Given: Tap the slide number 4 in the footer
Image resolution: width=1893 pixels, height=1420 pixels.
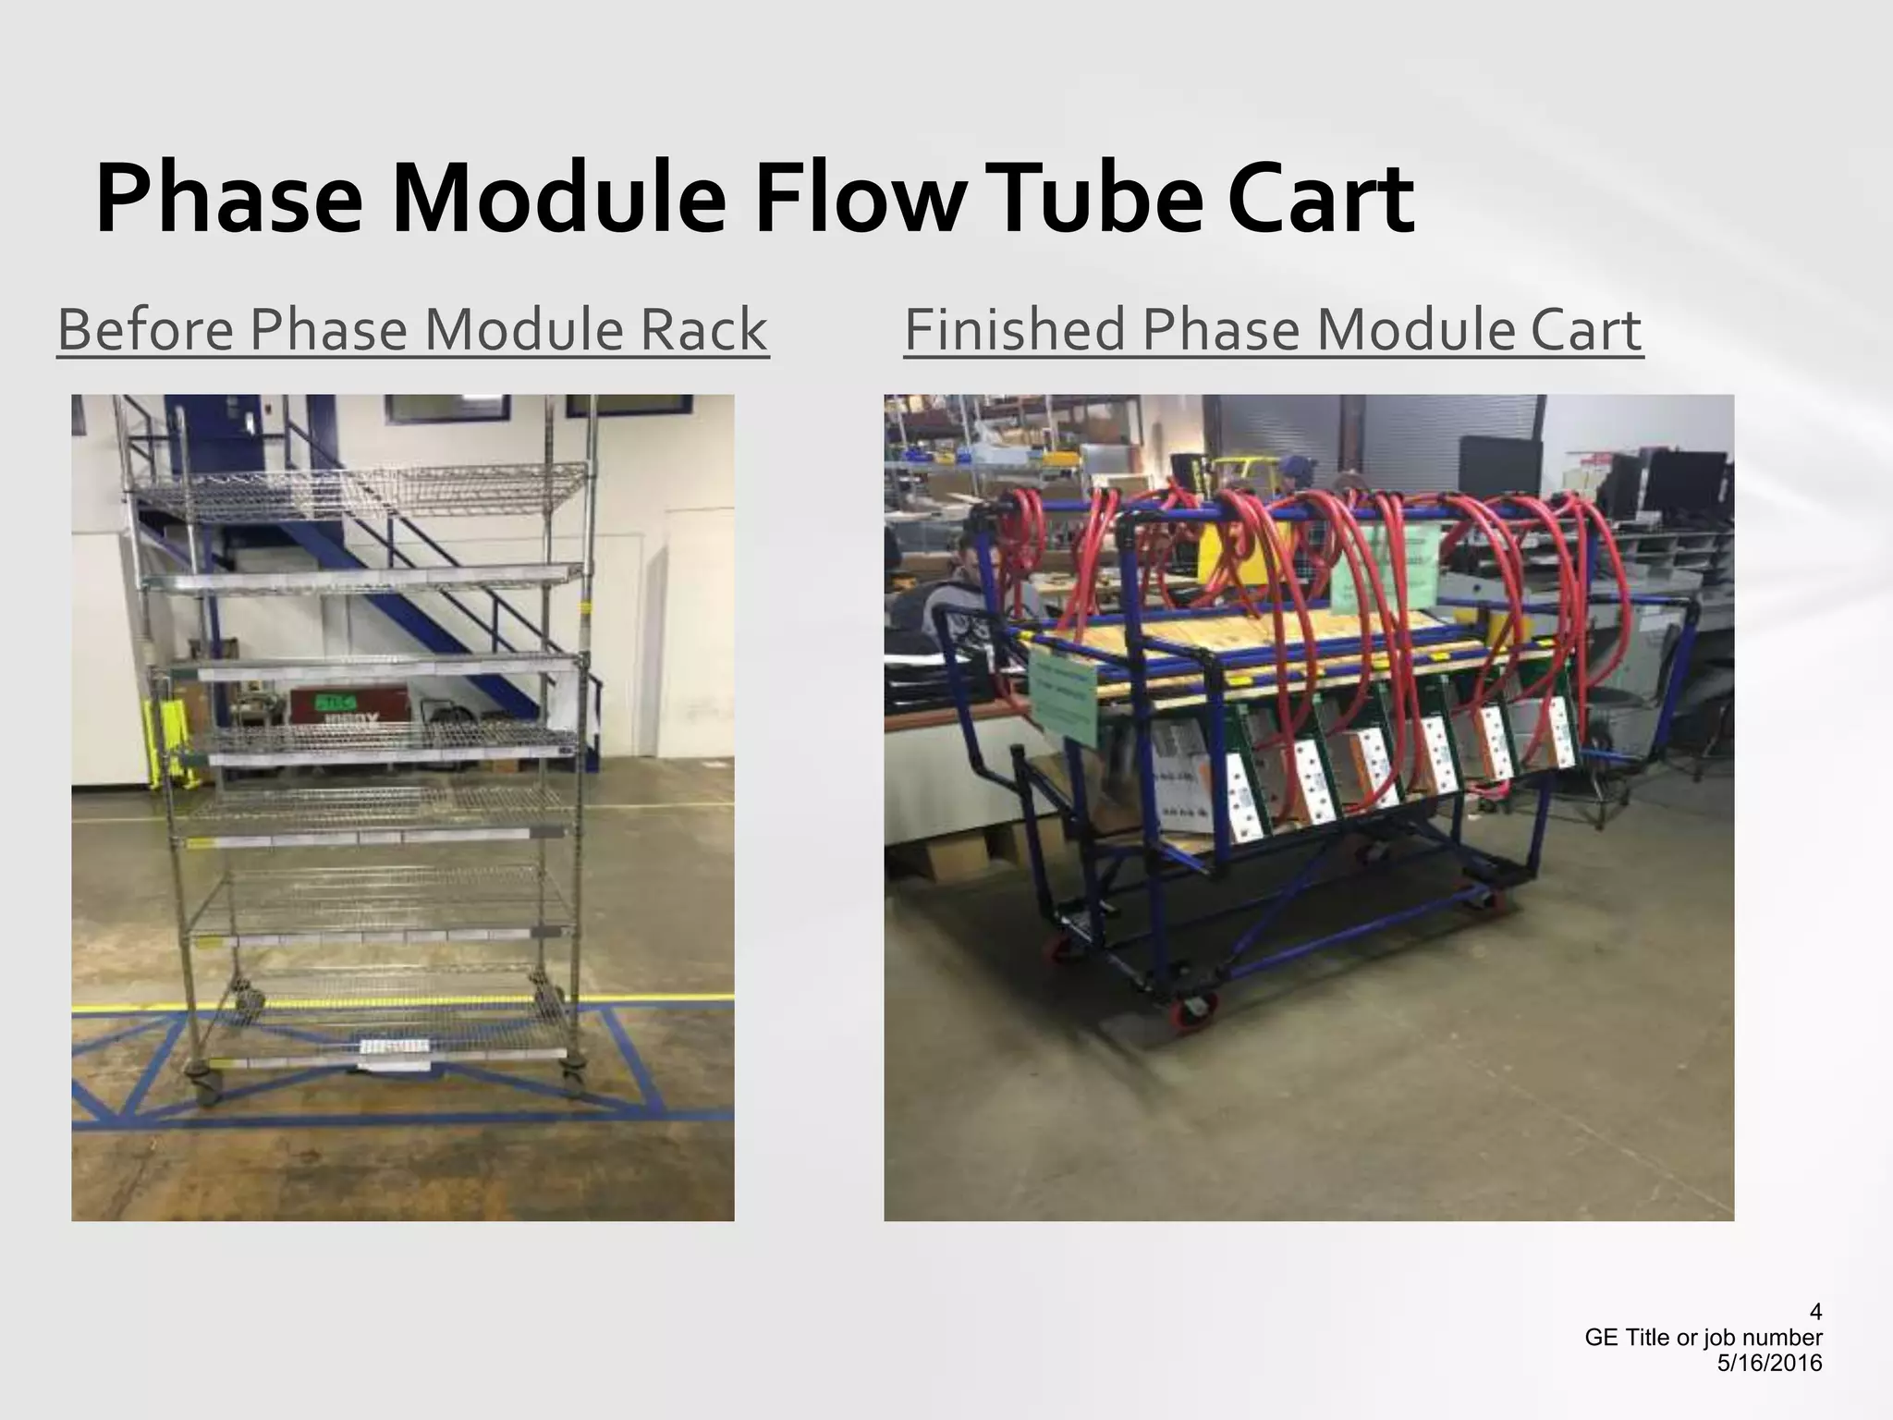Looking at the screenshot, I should tap(1815, 1312).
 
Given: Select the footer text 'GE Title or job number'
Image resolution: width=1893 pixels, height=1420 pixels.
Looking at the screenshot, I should tap(1704, 1338).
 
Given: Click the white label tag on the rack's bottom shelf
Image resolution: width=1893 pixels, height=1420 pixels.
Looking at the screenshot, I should tap(394, 1048).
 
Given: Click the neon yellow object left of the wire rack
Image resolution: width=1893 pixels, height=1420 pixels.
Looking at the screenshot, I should tap(163, 741).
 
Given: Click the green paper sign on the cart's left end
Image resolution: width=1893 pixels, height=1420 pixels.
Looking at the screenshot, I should tap(1063, 693).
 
